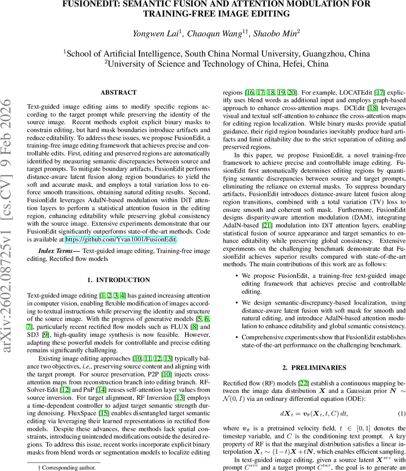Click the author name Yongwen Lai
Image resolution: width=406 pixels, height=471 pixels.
tap(156, 34)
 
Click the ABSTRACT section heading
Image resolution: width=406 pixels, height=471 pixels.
tap(118, 93)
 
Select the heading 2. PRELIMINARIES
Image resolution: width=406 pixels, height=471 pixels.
tap(314, 368)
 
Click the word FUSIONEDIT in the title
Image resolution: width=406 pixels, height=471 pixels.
tap(97, 4)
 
